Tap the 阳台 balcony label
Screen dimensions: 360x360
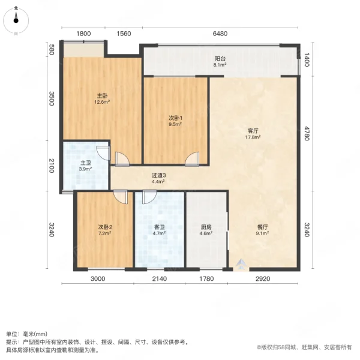pyautogui.click(x=220, y=59)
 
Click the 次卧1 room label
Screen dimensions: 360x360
pyautogui.click(x=175, y=119)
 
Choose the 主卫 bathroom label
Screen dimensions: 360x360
pyautogui.click(x=85, y=163)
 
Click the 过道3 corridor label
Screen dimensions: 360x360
pyautogui.click(x=158, y=175)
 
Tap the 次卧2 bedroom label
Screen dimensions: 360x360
pyautogui.click(x=106, y=227)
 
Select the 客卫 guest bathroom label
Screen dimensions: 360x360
pyautogui.click(x=158, y=227)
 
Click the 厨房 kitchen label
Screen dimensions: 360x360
pyautogui.click(x=206, y=227)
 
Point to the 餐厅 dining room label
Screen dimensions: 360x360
pyautogui.click(x=262, y=227)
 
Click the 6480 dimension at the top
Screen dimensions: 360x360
pyautogui.click(x=220, y=34)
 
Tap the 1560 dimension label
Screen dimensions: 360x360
pyautogui.click(x=124, y=34)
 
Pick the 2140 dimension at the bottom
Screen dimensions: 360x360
pyautogui.click(x=159, y=278)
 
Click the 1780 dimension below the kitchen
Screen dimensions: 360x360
pyautogui.click(x=206, y=278)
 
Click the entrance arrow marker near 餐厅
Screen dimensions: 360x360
pyautogui.click(x=241, y=264)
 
